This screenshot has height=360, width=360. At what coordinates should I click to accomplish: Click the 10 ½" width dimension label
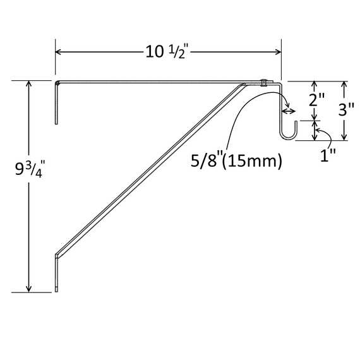click(x=167, y=52)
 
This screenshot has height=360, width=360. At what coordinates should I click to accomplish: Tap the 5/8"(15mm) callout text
click(x=236, y=160)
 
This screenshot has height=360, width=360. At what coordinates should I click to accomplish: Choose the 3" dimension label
click(x=346, y=109)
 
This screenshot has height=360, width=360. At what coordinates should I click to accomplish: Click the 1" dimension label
click(x=328, y=155)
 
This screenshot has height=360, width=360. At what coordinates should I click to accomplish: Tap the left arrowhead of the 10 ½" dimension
click(x=58, y=52)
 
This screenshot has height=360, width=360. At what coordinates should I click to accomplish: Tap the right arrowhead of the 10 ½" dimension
click(x=279, y=52)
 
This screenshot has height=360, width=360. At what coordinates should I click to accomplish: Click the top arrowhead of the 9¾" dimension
click(x=28, y=83)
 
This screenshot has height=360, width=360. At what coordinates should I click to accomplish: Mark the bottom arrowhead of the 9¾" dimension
click(x=28, y=289)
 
